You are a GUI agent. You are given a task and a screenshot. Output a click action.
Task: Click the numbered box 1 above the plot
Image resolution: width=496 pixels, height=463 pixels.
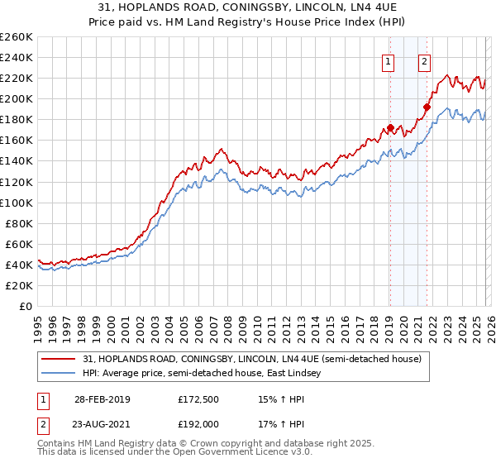pos(389,60)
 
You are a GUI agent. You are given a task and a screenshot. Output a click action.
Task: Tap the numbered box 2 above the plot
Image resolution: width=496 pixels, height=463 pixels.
pos(424,60)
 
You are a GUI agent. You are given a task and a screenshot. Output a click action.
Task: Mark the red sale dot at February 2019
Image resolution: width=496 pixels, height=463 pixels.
pos(389,127)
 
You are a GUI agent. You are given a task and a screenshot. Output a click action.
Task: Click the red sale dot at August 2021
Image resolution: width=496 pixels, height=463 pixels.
pos(427,107)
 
